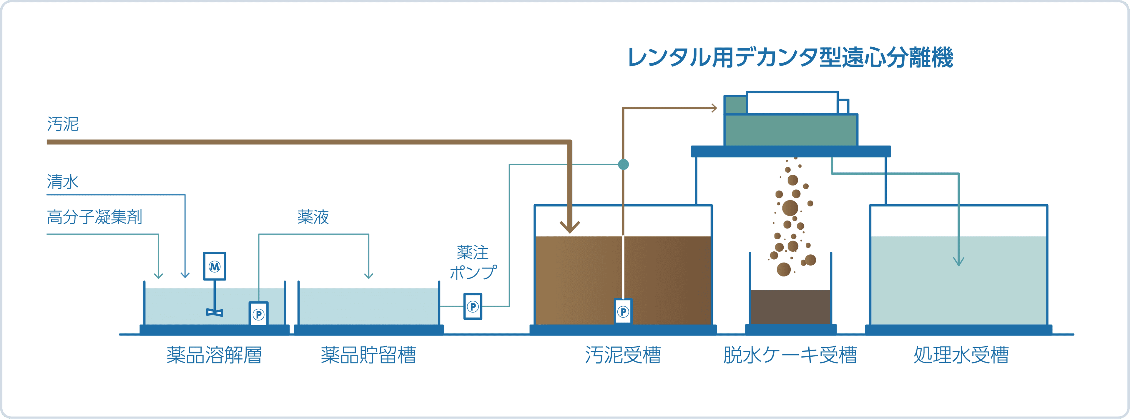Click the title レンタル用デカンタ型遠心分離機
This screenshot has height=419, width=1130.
[x=790, y=57]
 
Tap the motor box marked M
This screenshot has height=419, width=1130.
[x=215, y=266]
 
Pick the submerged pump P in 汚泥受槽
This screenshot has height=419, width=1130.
[x=623, y=312]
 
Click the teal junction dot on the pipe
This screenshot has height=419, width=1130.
[x=623, y=164]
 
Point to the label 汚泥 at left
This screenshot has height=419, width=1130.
[x=63, y=124]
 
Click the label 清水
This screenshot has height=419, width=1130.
[x=63, y=181]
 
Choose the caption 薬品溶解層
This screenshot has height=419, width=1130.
[x=214, y=355]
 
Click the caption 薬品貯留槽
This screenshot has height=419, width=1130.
[x=368, y=355]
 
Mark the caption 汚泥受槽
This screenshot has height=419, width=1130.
[x=623, y=355]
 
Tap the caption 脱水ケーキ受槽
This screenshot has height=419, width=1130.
[x=790, y=355]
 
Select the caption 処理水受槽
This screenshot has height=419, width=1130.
[x=961, y=355]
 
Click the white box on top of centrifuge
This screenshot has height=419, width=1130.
[x=792, y=103]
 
